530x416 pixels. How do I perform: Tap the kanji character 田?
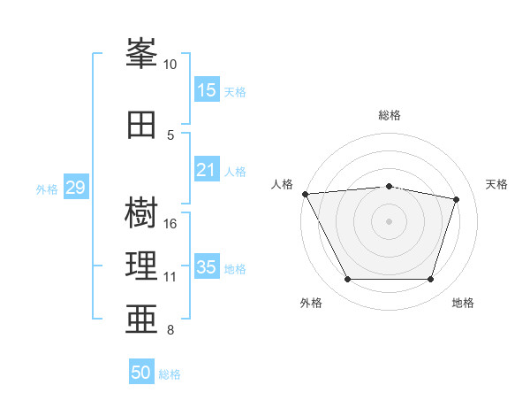coord(141,125)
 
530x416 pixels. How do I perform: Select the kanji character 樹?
coord(141,213)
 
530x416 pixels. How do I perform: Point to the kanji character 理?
coord(141,266)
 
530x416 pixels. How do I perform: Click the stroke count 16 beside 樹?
coord(170,223)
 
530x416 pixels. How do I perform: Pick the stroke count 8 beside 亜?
coord(170,331)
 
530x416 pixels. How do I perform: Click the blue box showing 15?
coord(207,90)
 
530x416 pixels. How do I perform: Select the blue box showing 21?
coord(207,171)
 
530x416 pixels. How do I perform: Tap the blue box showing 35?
coord(207,267)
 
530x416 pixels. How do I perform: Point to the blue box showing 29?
coord(75,188)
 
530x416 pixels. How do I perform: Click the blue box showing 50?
coord(141,373)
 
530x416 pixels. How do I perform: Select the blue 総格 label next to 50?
coord(170,374)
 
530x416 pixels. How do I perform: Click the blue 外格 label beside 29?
coord(47,189)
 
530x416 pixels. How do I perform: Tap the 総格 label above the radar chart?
coord(390,115)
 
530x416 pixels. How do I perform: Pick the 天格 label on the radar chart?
coord(497,184)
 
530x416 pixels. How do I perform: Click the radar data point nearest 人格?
coord(305,194)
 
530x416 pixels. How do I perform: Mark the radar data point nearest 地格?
coord(430,280)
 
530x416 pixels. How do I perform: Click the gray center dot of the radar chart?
coord(389,220)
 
